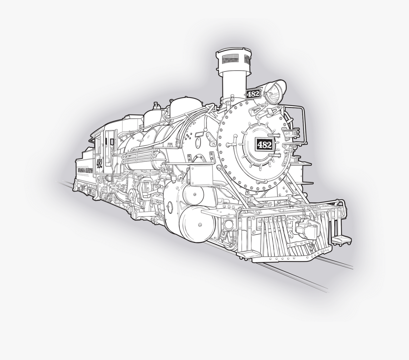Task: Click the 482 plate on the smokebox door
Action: pyautogui.click(x=264, y=144)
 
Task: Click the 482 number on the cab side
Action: pyautogui.click(x=99, y=163)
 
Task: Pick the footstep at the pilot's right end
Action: pyautogui.click(x=338, y=237)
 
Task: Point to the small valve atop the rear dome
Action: pyautogui.click(x=155, y=106)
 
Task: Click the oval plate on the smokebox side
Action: pyautogui.click(x=198, y=143)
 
